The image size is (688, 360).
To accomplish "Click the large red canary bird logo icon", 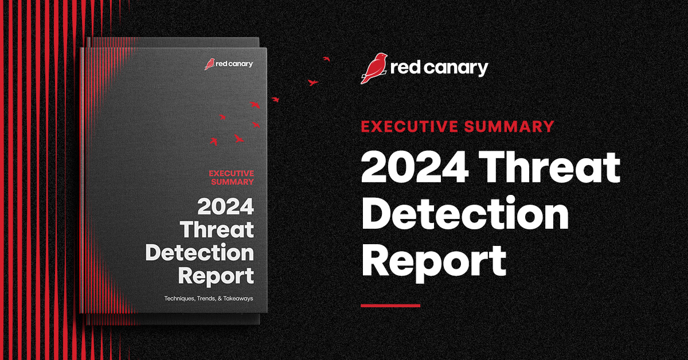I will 373,68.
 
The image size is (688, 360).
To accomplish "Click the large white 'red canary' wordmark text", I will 439,68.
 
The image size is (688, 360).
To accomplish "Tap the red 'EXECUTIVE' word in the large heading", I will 408,127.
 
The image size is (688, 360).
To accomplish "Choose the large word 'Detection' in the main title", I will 464,214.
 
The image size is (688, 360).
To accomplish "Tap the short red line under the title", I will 390,306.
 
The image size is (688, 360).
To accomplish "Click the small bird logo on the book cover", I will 209,64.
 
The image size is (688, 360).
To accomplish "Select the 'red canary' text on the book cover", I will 234,64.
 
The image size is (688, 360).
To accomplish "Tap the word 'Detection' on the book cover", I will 200,253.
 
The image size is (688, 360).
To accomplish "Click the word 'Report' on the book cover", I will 216,276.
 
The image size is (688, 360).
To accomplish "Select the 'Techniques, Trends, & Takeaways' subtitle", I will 209,299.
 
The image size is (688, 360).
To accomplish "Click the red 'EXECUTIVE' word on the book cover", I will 231,173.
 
